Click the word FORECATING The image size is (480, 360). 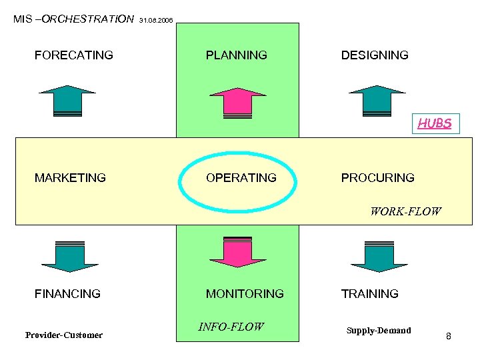(x=73, y=55)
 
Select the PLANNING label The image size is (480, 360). (x=236, y=55)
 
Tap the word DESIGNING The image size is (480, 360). (x=375, y=55)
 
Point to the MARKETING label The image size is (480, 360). (x=70, y=178)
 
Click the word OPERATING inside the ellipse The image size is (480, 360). (x=241, y=178)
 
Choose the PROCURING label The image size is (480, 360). (x=377, y=178)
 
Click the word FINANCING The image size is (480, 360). (x=67, y=293)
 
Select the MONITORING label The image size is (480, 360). (x=245, y=293)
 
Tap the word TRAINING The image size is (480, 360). (x=369, y=293)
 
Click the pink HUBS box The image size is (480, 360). (x=435, y=123)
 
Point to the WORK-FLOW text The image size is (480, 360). (x=405, y=212)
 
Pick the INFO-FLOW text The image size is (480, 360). (x=231, y=327)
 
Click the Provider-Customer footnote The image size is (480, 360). (x=64, y=335)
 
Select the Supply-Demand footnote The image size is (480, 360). (x=379, y=331)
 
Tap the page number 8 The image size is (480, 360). (x=449, y=336)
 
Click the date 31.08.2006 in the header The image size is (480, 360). (x=157, y=21)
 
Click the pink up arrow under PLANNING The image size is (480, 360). (x=237, y=102)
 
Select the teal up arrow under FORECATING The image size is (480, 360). (x=67, y=101)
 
